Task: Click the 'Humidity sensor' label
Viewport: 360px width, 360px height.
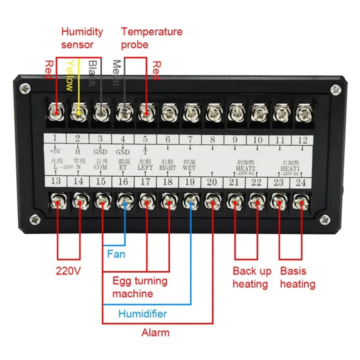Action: (82, 38)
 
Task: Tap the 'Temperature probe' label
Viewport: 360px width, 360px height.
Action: (151, 38)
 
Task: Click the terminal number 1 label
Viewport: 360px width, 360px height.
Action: (55, 139)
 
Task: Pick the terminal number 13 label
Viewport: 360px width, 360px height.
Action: (56, 182)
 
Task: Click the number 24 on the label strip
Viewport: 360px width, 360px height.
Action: (301, 182)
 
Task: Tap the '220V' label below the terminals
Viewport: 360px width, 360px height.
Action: (68, 271)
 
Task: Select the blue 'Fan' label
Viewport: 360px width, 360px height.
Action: (116, 254)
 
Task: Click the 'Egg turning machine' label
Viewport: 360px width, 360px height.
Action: (139, 287)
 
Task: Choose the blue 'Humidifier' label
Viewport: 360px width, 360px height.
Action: (142, 314)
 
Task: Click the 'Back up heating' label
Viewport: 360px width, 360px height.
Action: (252, 277)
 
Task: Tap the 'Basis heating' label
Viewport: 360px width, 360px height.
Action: (297, 277)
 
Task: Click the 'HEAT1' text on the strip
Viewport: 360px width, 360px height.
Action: (289, 168)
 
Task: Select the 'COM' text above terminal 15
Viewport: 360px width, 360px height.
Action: (100, 168)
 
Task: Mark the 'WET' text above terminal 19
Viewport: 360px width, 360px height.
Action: (189, 168)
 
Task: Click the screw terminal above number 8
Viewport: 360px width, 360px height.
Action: (212, 113)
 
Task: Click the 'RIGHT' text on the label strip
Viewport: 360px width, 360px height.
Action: (167, 168)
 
